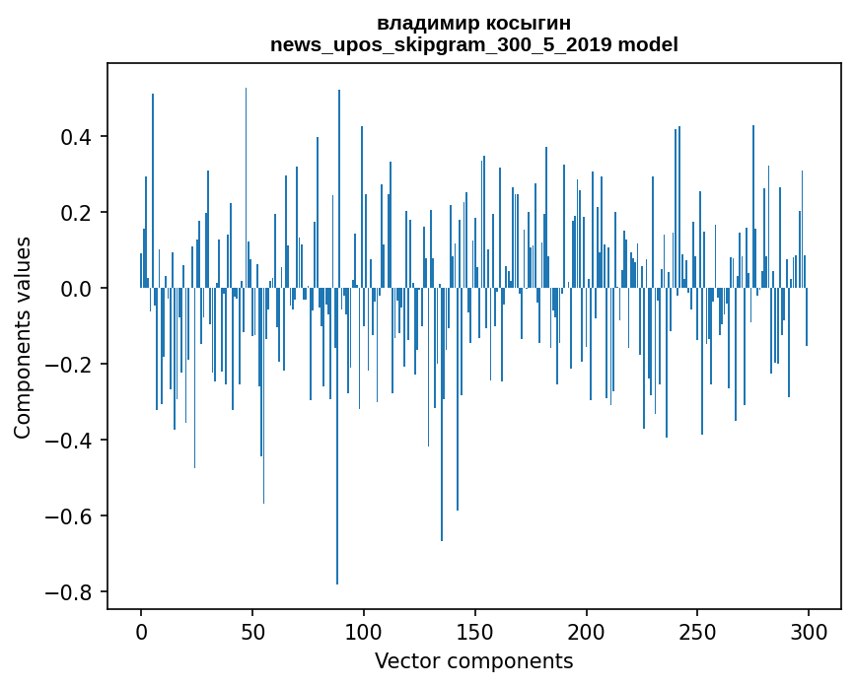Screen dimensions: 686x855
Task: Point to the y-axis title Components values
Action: pos(23,337)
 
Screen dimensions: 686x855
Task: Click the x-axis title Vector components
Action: pos(473,660)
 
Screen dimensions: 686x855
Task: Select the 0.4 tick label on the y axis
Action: pos(76,137)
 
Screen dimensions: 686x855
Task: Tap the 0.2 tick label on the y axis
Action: pos(76,213)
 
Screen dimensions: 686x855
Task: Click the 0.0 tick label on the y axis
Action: pos(76,289)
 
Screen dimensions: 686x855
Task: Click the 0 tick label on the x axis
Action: pos(141,631)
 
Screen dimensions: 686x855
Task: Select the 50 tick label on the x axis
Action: pos(252,631)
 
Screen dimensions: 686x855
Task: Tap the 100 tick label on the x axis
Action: pos(364,631)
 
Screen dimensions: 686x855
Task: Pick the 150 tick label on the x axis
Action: pos(475,631)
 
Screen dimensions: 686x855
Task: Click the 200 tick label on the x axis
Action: pos(587,631)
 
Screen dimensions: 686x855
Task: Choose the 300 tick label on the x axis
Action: pos(809,631)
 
